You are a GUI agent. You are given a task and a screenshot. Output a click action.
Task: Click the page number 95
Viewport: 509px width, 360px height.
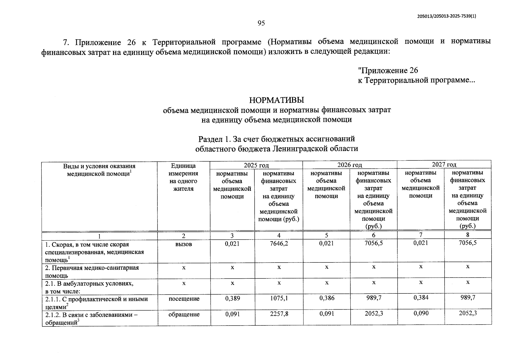261,23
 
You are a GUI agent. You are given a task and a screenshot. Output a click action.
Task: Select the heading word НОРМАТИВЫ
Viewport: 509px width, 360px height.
277,100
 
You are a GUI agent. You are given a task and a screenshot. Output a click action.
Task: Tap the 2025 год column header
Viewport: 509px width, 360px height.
256,165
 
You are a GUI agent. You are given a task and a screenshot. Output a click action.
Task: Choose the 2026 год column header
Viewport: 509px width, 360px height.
350,165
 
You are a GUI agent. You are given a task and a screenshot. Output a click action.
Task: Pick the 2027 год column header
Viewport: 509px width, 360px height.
444,164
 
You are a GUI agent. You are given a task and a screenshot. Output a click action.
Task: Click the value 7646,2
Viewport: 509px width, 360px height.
279,244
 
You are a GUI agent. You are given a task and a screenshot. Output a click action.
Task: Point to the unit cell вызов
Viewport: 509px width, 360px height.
184,244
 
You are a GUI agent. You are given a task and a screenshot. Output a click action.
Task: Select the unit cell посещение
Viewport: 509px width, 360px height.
184,299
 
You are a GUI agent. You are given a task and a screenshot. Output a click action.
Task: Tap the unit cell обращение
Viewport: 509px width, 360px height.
184,314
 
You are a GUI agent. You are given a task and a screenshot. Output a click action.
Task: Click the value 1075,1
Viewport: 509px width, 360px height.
279,298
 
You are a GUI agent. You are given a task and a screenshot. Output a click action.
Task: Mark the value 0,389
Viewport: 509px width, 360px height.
232,298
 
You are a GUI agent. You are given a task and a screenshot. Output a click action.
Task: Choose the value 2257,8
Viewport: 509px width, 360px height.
279,314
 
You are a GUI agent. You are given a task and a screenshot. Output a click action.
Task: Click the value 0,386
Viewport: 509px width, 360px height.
327,298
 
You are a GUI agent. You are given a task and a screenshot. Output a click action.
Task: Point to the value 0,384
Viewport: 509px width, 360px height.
421,298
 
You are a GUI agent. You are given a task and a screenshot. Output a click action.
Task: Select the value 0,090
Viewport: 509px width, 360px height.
421,313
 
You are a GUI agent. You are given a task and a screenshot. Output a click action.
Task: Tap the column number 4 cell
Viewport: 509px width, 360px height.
279,236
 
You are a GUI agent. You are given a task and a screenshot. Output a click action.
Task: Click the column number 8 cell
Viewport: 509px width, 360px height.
468,235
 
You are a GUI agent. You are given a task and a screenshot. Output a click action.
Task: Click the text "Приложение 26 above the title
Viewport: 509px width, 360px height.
388,70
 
